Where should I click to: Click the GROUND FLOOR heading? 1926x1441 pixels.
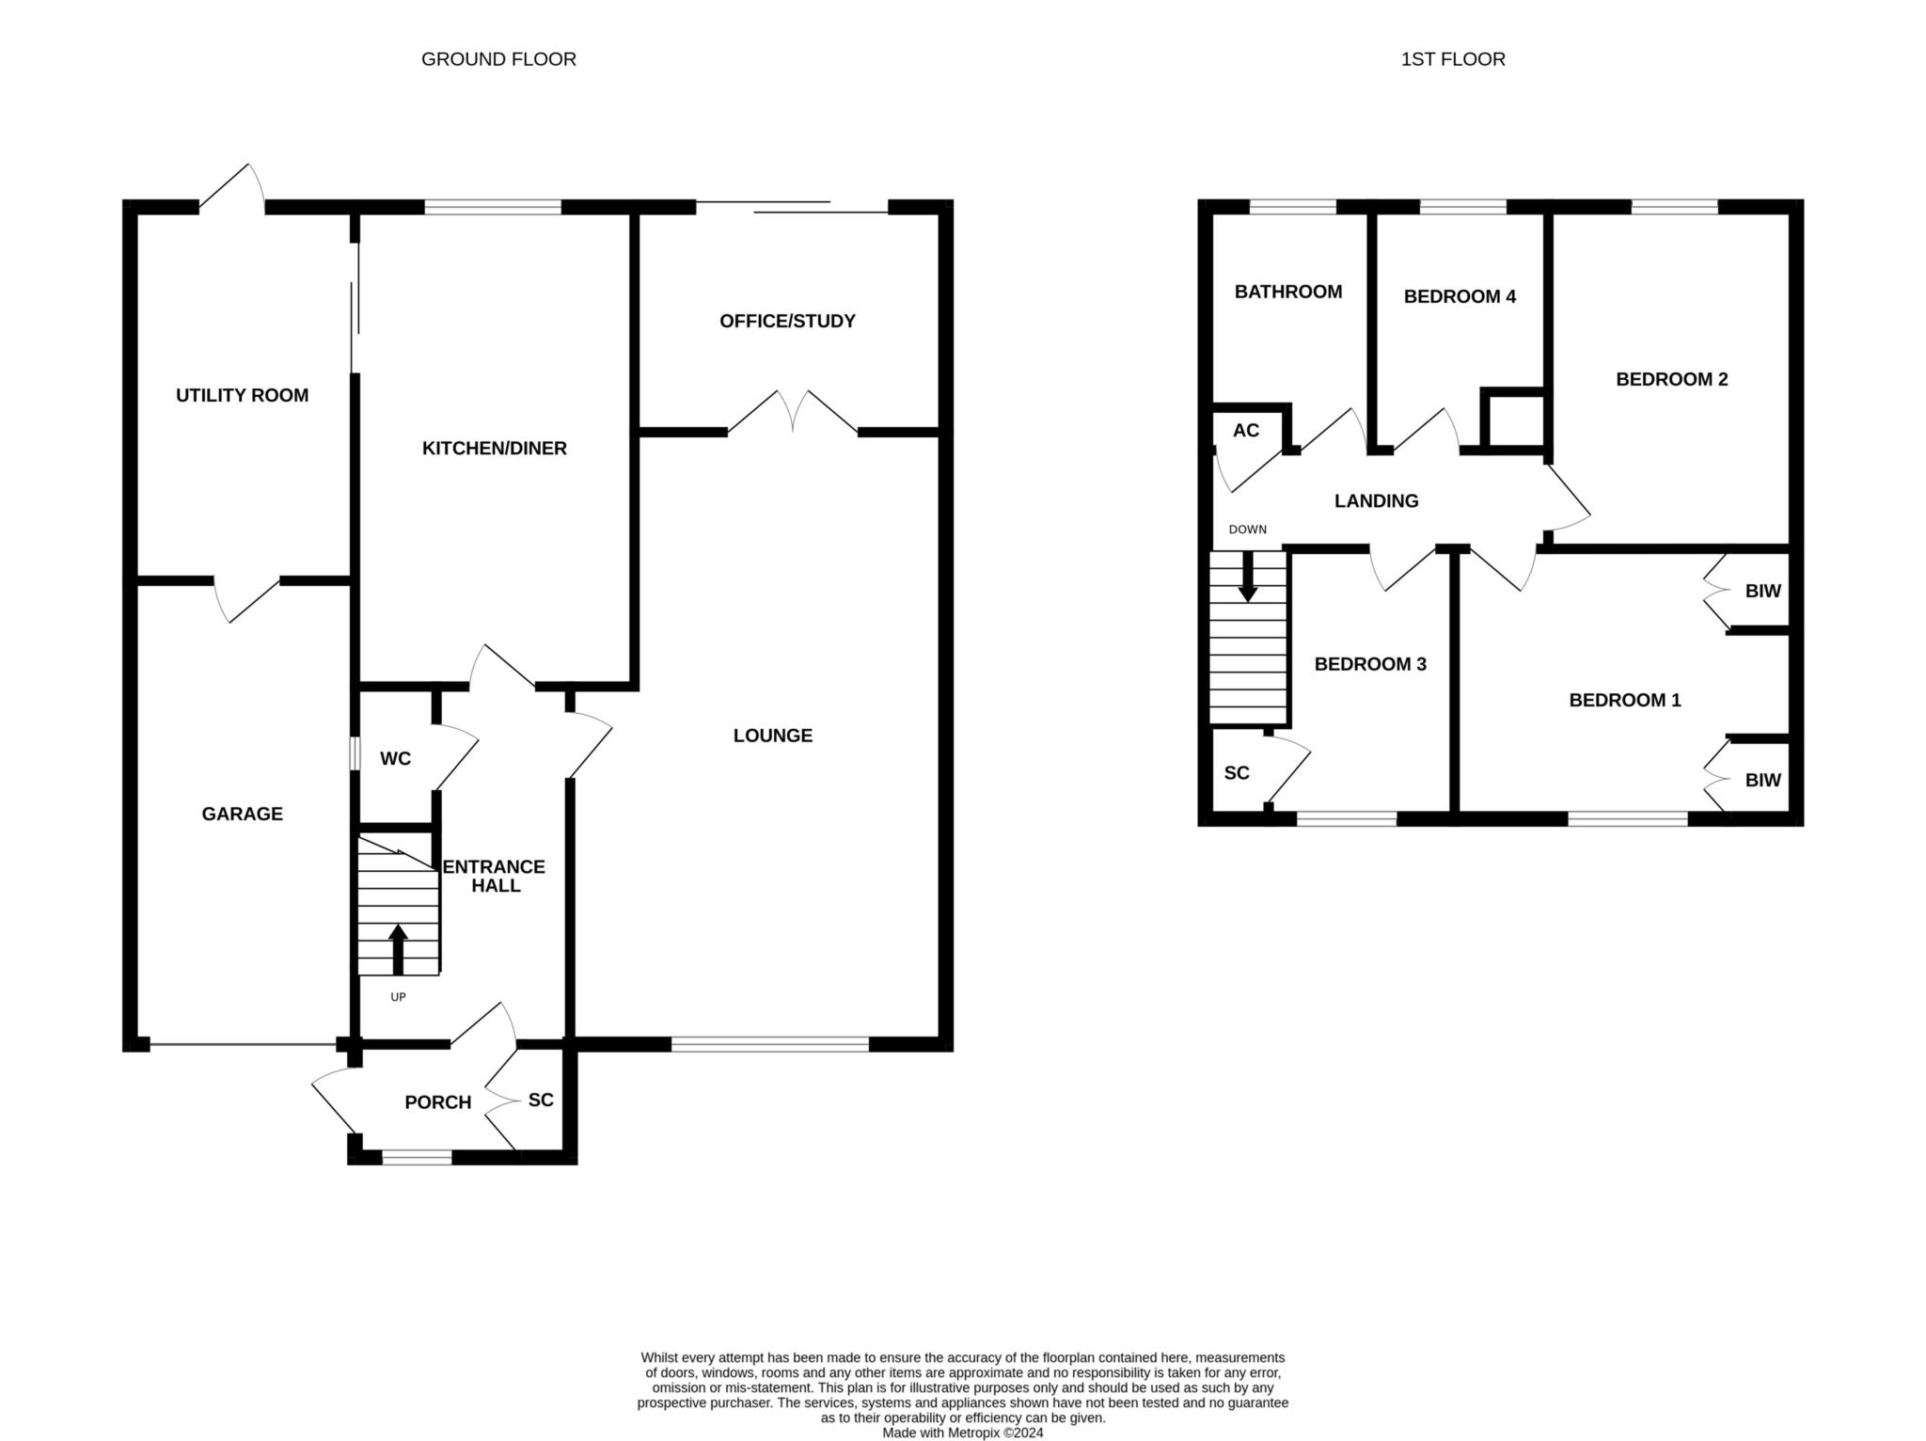click(x=498, y=59)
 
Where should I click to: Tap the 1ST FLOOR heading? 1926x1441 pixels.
click(x=1453, y=59)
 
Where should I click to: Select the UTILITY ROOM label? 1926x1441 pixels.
click(x=242, y=395)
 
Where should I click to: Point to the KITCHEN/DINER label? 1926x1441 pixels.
click(x=494, y=449)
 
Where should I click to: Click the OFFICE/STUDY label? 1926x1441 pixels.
click(x=787, y=322)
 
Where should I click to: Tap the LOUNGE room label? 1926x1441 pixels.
click(x=773, y=736)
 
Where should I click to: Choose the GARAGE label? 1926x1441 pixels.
click(x=242, y=814)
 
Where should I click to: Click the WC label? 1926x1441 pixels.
click(x=395, y=758)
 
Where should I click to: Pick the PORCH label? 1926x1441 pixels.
click(x=437, y=1102)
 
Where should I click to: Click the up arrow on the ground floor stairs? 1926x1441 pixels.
click(x=398, y=949)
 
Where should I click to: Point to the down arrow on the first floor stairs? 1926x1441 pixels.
click(x=1247, y=576)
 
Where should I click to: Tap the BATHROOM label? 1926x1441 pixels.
click(x=1287, y=292)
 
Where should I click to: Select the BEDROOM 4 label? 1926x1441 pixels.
click(x=1460, y=297)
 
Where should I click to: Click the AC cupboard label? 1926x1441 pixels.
click(x=1246, y=431)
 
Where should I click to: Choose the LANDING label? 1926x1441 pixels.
click(x=1376, y=501)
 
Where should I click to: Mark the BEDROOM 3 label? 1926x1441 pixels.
click(x=1370, y=664)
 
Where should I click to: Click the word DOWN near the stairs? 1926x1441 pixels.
click(x=1248, y=530)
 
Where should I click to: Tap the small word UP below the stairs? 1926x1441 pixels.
click(x=398, y=997)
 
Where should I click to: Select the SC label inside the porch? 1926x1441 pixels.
click(x=541, y=1100)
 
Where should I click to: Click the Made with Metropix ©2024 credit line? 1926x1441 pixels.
click(x=962, y=1433)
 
